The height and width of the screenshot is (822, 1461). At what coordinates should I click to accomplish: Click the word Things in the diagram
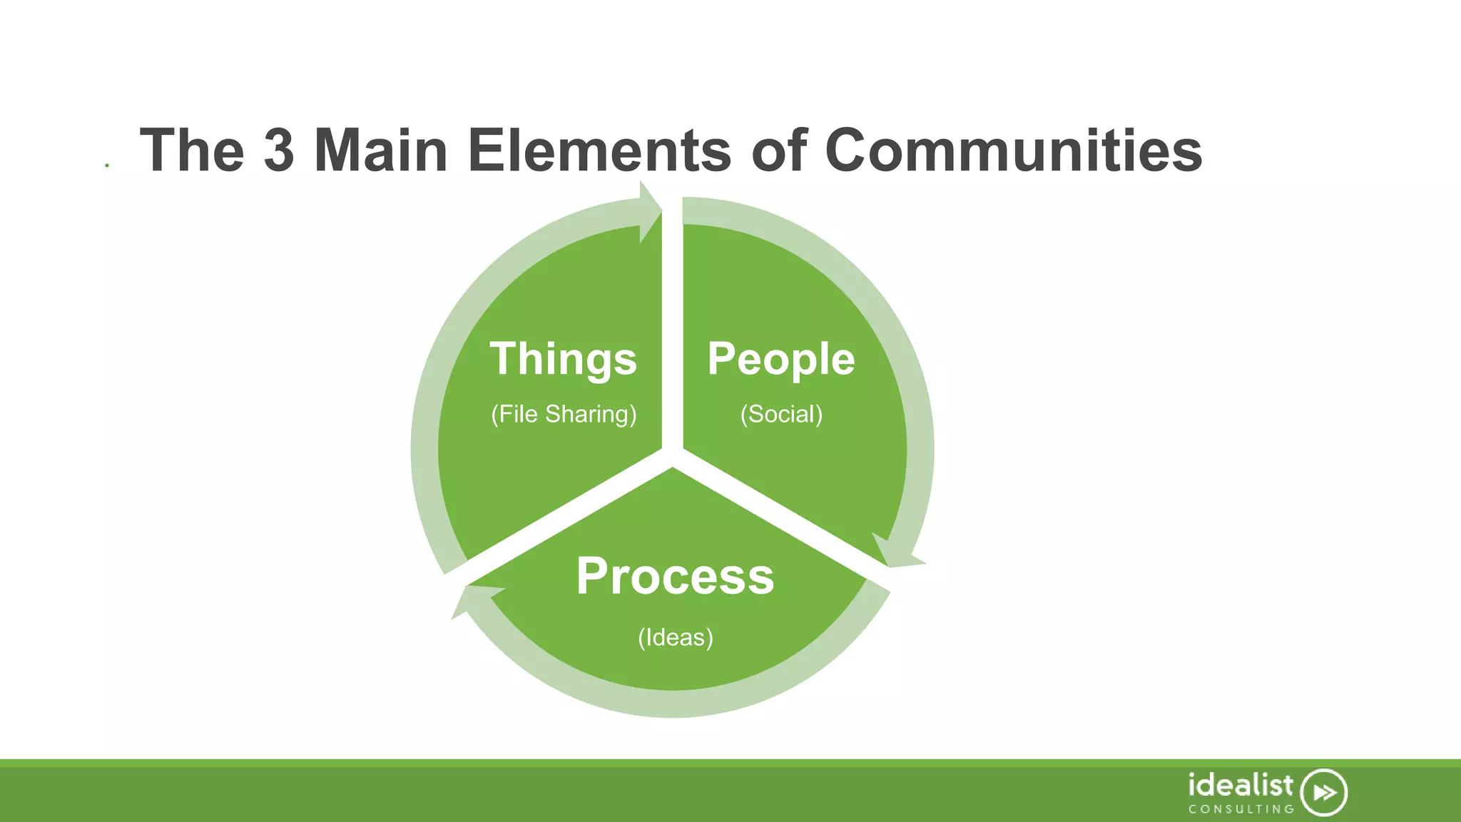click(563, 358)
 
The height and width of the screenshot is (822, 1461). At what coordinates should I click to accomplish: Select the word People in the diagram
click(781, 358)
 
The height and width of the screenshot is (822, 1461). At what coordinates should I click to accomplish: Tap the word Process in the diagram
click(675, 576)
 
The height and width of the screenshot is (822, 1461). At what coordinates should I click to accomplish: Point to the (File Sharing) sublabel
click(564, 414)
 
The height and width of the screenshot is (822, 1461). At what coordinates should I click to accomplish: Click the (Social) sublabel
click(781, 414)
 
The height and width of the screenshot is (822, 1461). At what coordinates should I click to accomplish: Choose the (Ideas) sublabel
click(675, 637)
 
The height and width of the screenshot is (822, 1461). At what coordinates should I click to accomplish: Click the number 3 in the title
click(279, 151)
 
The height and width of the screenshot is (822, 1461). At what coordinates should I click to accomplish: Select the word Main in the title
click(381, 151)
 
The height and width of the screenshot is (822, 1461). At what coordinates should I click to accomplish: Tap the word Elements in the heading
click(599, 151)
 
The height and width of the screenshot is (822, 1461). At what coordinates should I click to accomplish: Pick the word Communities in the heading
click(1013, 151)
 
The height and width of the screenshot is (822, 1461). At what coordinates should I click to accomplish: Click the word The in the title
click(192, 151)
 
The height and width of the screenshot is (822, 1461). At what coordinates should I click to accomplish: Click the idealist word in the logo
click(1240, 785)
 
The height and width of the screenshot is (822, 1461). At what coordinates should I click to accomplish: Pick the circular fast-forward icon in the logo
click(1323, 792)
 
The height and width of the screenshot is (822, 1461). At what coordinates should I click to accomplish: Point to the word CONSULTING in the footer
click(1241, 809)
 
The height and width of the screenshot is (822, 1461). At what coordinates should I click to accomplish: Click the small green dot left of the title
click(107, 166)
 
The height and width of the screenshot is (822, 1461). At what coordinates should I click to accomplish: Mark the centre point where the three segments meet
click(672, 457)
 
